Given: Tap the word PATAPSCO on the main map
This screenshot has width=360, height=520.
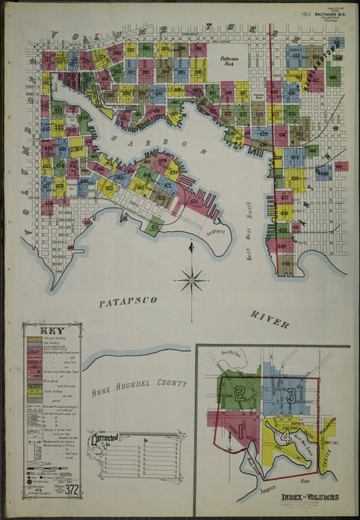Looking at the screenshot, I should coord(130,303).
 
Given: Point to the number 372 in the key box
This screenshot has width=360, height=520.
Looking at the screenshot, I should coord(72,489).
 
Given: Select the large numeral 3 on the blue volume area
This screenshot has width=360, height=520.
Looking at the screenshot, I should coord(291,395).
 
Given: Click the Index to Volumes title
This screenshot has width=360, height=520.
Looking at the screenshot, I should coord(309,497).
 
